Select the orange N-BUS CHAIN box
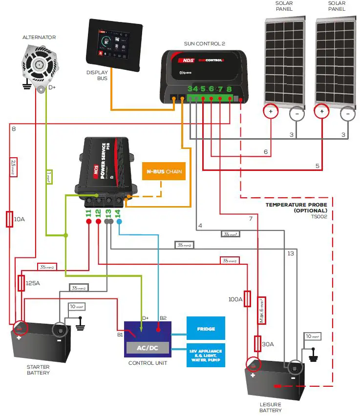164,172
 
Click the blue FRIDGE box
206,328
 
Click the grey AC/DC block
148,347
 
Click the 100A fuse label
235,298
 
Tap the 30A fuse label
268,344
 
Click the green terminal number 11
88,213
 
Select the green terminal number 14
119,213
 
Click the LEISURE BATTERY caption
272,407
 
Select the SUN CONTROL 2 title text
204,43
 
